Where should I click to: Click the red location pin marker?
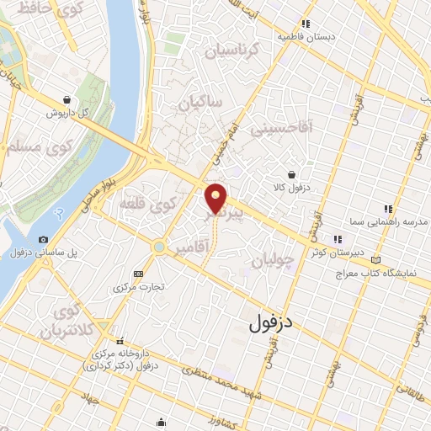216,197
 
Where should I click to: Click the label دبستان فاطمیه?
307,37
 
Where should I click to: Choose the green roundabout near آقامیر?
158,247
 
